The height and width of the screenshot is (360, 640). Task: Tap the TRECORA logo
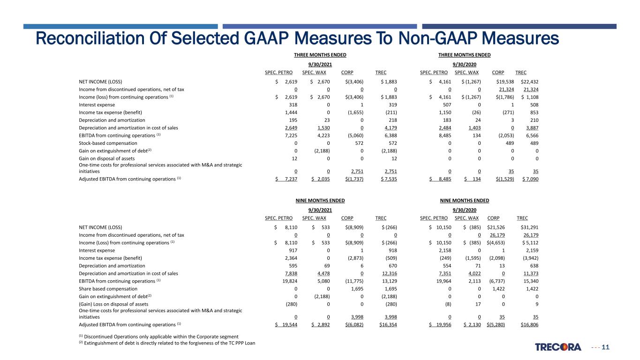pyautogui.click(x=558, y=347)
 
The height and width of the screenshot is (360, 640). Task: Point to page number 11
pyautogui.click(x=605, y=347)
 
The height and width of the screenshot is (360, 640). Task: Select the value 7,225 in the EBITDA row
pyautogui.click(x=291, y=135)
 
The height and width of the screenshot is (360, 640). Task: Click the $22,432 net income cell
pyautogui.click(x=529, y=82)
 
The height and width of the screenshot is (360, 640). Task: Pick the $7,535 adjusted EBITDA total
pyautogui.click(x=389, y=179)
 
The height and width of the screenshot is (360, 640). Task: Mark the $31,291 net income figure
pyautogui.click(x=529, y=227)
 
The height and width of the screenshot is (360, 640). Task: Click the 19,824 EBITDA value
pyautogui.click(x=290, y=281)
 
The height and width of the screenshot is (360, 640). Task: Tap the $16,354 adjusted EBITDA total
pyautogui.click(x=388, y=325)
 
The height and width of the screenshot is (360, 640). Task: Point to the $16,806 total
pyautogui.click(x=529, y=325)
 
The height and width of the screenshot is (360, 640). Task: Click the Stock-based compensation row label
pyautogui.click(x=108, y=143)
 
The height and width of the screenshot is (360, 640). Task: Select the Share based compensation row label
pyautogui.click(x=108, y=289)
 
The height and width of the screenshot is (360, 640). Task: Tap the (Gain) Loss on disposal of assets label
pyautogui.click(x=113, y=304)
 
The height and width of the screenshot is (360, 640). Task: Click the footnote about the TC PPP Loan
pyautogui.click(x=167, y=343)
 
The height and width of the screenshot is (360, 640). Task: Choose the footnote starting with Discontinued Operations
pyautogui.click(x=158, y=337)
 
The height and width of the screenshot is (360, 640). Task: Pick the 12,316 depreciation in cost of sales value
pyautogui.click(x=390, y=273)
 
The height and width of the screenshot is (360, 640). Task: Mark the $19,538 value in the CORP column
pyautogui.click(x=505, y=82)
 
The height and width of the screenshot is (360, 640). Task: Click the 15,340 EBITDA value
pyautogui.click(x=531, y=281)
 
